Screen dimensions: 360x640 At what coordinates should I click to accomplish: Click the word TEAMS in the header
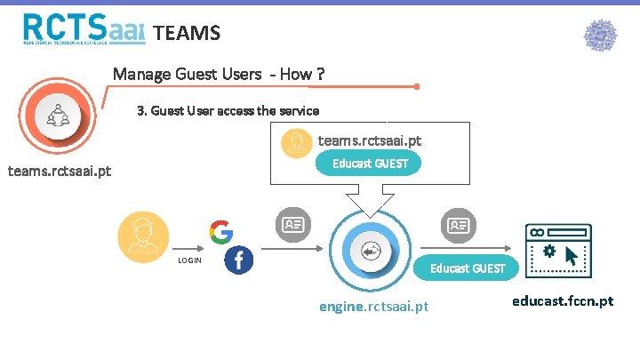[186, 34]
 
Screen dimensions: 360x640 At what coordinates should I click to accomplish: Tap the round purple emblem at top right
[600, 36]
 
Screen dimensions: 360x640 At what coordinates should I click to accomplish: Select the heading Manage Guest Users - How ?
[218, 74]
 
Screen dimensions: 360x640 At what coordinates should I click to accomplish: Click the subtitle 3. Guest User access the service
[228, 111]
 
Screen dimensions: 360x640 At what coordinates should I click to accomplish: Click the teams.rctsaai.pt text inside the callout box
[370, 140]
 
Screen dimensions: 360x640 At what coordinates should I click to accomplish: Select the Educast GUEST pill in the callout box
[370, 164]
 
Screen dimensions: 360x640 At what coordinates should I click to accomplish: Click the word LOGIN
[190, 260]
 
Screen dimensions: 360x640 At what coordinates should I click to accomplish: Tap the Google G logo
[221, 232]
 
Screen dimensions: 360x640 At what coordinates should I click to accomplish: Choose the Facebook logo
[239, 260]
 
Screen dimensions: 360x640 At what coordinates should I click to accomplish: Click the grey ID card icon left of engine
[292, 225]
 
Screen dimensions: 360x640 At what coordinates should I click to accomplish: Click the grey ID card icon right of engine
[459, 225]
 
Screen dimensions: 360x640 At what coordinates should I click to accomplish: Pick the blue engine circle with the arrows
[371, 252]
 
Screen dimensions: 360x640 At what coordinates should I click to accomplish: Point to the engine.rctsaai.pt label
[373, 307]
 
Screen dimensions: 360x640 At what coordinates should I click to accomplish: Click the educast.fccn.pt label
[563, 301]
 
